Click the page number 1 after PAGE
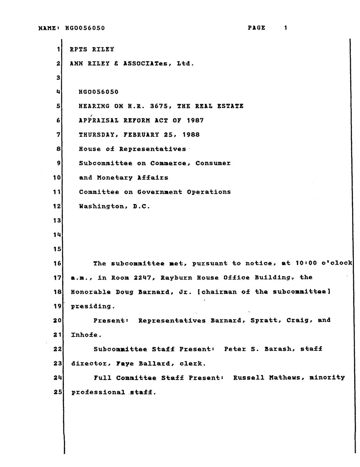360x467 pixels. pyautogui.click(x=286, y=28)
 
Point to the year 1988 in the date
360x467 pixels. pyautogui.click(x=191, y=135)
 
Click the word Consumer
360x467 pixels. pyautogui.click(x=213, y=163)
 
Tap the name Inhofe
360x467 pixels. pyautogui.click(x=85, y=335)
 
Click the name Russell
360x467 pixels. pyautogui.click(x=249, y=377)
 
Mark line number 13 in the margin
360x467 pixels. pyautogui.click(x=56, y=220)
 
